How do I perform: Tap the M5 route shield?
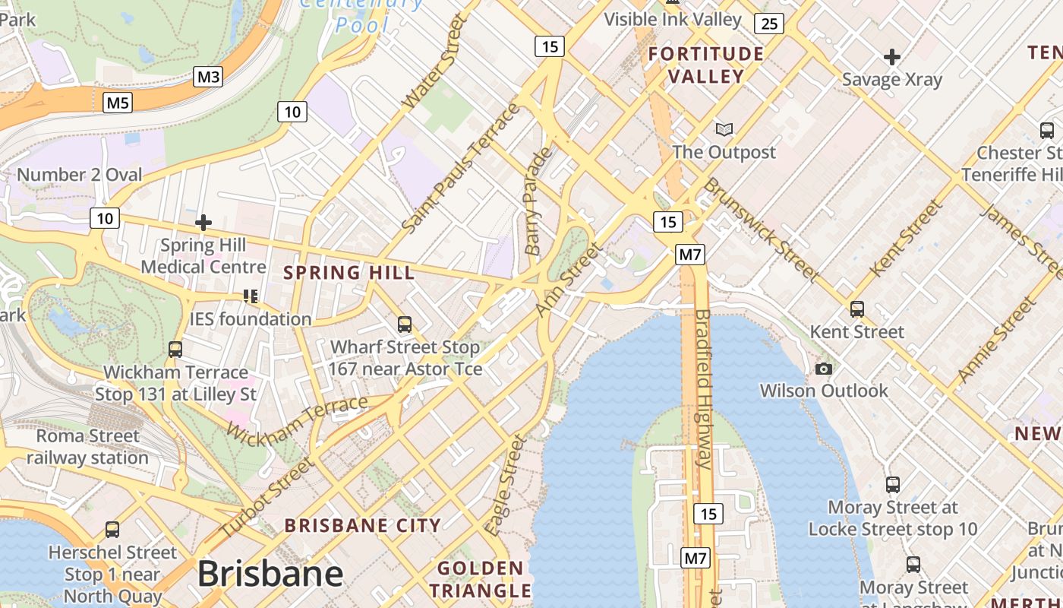[118, 102]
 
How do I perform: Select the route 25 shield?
[769, 24]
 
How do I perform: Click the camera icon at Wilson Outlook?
[823, 369]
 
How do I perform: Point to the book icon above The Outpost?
[724, 130]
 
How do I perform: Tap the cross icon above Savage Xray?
[892, 57]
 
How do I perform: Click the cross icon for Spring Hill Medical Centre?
[203, 223]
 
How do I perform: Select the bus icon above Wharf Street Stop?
[405, 325]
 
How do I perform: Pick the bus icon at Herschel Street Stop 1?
[112, 530]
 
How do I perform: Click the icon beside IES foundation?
[251, 296]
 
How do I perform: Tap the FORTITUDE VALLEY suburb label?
[706, 65]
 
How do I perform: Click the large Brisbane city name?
[270, 574]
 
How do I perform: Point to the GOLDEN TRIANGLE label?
[480, 579]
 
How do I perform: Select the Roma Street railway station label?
[88, 447]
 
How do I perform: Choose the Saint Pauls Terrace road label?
[461, 169]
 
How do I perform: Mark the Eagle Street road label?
[507, 485]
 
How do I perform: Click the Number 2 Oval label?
[79, 175]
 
